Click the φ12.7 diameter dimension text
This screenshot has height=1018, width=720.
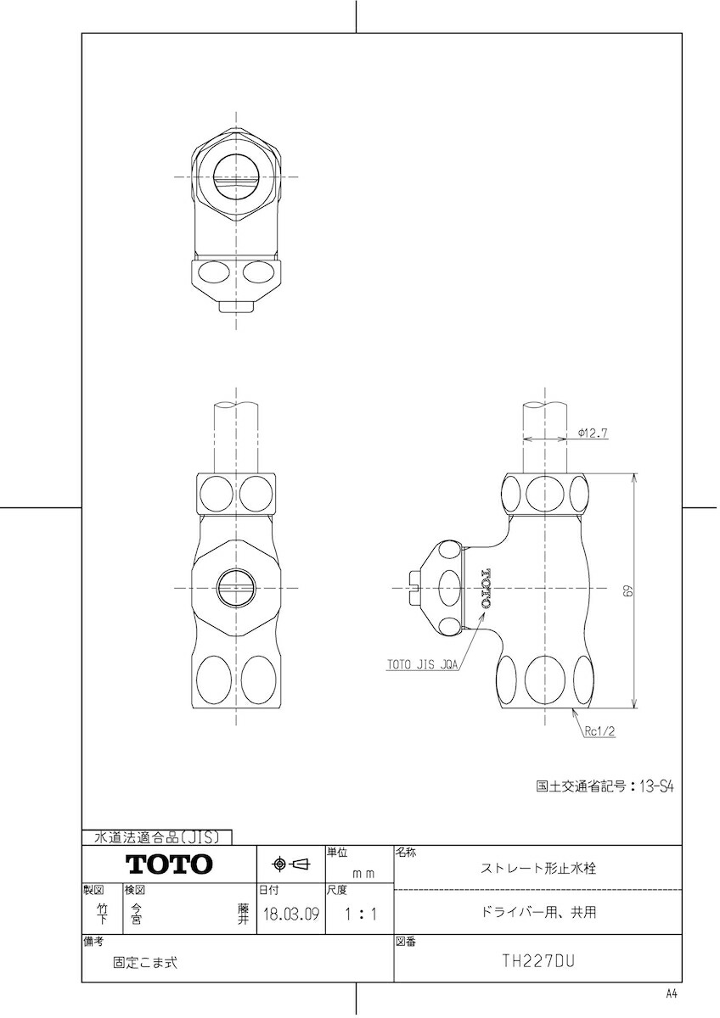pos(593,433)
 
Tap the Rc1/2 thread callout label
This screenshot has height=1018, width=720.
pos(600,731)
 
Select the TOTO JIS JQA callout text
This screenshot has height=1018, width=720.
pos(422,665)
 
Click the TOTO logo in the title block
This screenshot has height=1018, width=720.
pos(169,864)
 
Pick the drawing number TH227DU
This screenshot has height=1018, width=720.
pos(538,960)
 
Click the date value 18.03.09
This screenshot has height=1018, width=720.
pos(291,913)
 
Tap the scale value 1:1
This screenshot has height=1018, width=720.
pos(360,914)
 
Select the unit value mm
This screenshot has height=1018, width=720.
pos(364,874)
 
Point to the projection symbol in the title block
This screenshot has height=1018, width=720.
pos(291,864)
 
